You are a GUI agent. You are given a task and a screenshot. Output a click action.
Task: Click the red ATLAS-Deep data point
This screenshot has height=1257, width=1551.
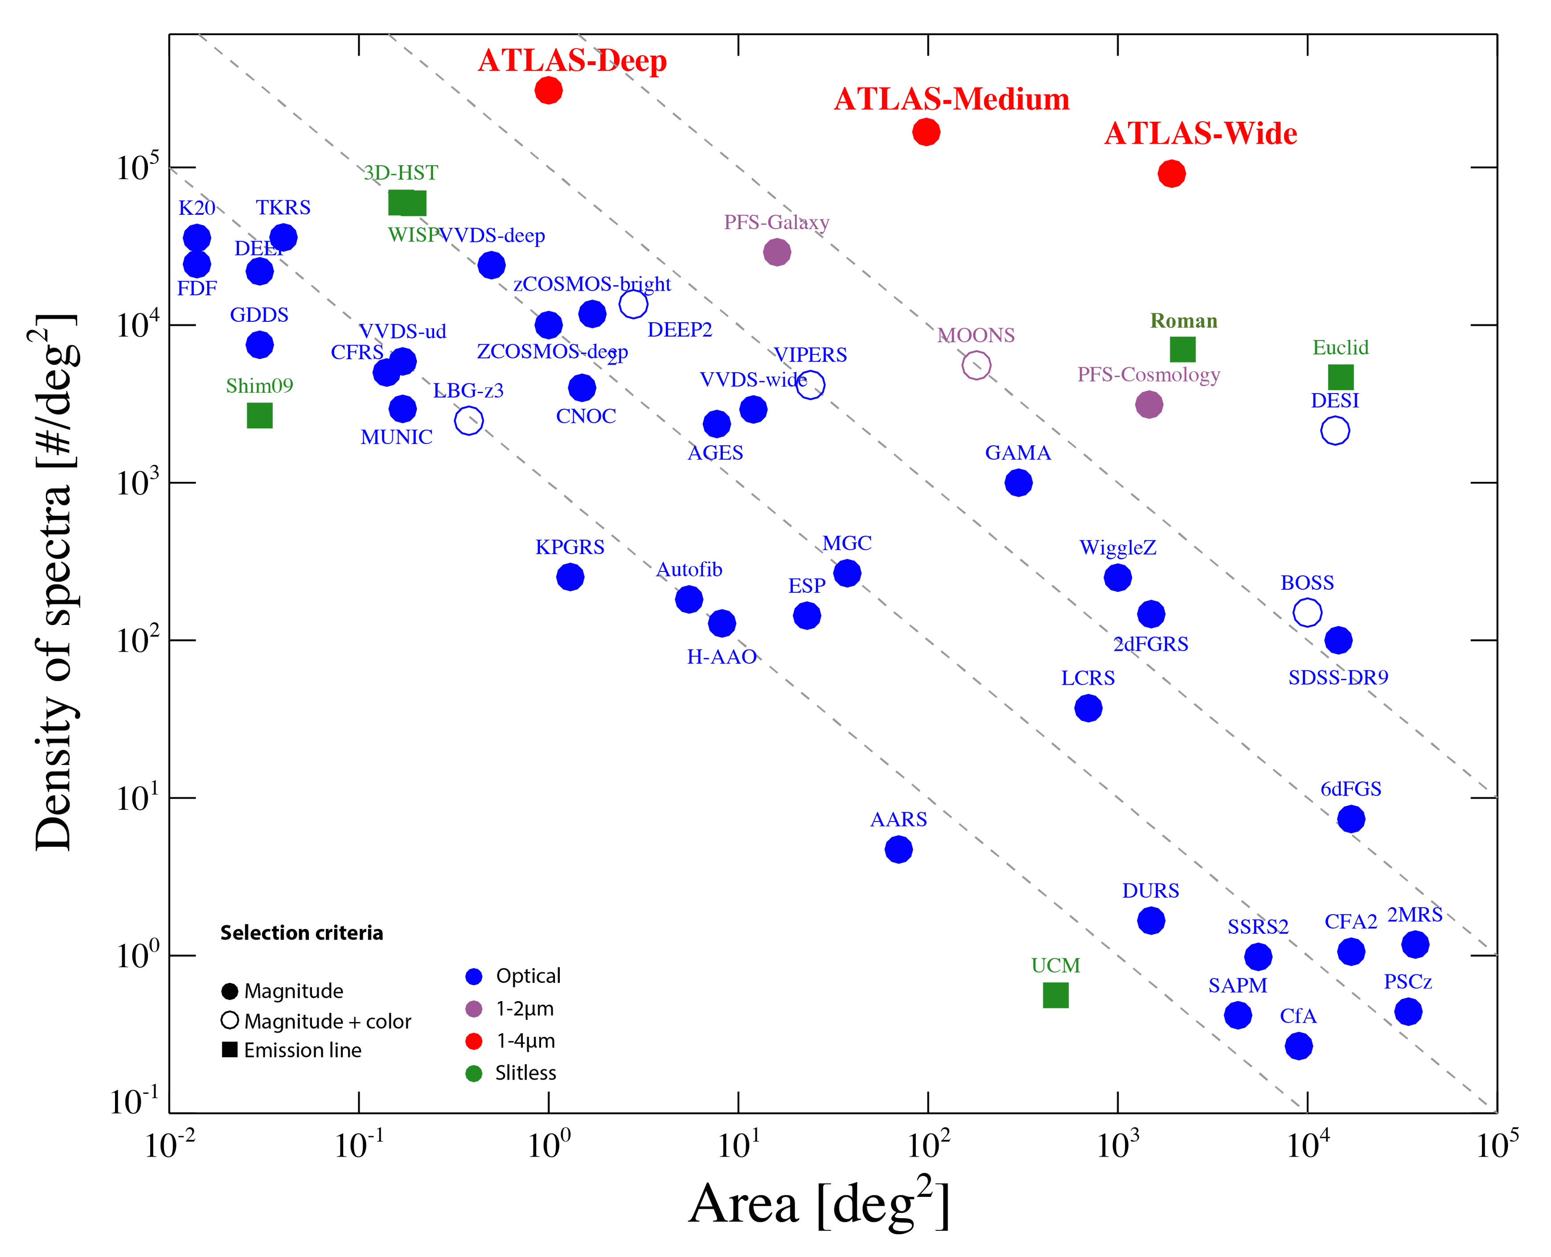coord(548,90)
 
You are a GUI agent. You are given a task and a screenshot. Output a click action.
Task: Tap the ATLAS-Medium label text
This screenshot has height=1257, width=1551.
coord(952,99)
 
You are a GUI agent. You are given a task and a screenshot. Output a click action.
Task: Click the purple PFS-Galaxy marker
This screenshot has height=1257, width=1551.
coord(776,253)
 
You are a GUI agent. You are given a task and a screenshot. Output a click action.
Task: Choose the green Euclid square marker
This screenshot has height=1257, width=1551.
coord(1340,377)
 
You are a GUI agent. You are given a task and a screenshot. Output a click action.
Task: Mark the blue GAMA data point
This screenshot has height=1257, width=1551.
coord(1018,483)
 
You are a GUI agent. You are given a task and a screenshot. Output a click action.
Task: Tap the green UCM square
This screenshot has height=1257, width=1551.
coord(1055,996)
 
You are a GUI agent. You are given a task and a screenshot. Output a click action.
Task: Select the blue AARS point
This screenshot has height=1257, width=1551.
coord(898,849)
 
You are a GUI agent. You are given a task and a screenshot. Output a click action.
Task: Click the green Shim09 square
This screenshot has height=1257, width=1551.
coord(259,415)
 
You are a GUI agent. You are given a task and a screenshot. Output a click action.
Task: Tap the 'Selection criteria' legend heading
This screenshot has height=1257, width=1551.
coord(301,932)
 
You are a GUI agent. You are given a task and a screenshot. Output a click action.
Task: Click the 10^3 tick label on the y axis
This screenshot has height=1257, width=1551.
coord(138,482)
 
